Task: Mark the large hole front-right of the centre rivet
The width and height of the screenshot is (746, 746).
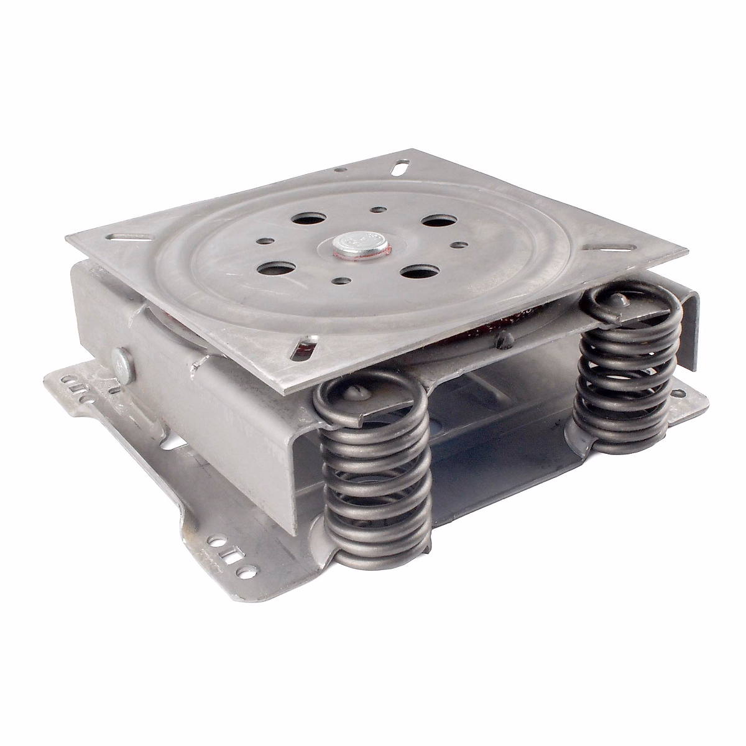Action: (415, 272)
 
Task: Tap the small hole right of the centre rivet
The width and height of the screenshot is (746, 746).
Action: (461, 245)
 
